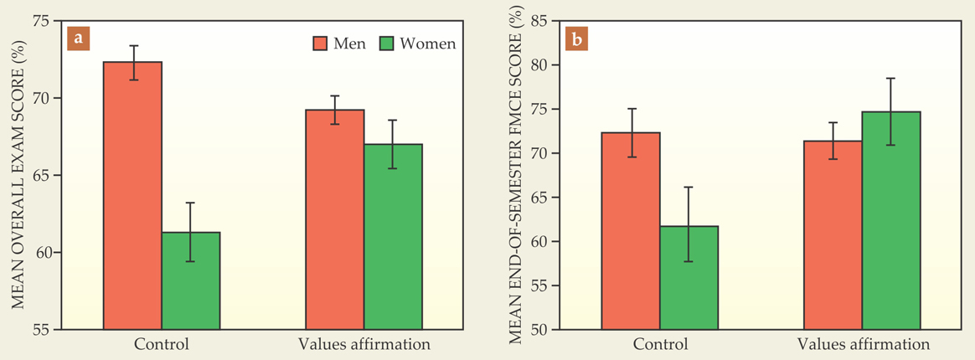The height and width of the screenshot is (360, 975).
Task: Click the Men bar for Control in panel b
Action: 631,230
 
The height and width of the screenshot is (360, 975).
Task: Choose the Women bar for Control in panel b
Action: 689,277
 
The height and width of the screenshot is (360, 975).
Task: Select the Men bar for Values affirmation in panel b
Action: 833,234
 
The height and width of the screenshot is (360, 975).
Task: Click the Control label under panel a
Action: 162,344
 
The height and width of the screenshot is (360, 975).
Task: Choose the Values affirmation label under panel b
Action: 863,344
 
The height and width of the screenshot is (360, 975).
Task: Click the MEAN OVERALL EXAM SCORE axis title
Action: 18,176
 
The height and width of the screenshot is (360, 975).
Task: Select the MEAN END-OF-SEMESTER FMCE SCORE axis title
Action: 517,176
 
